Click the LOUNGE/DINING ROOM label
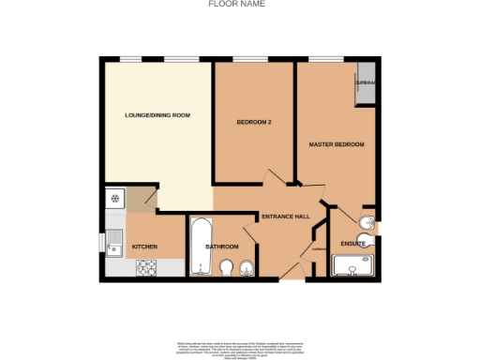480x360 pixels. (157, 115)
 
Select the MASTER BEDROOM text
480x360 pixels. (337, 144)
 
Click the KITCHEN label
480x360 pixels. (144, 247)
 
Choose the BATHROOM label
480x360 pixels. (222, 247)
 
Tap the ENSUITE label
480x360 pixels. (353, 244)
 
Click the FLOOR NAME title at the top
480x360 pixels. (235, 5)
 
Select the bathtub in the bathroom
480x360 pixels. (201, 248)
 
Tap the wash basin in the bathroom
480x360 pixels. (247, 270)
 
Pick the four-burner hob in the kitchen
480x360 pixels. (146, 268)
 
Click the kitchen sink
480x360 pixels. (115, 247)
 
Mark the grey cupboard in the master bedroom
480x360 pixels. (364, 82)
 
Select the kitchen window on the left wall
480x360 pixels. (102, 240)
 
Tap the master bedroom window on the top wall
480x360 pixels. (327, 59)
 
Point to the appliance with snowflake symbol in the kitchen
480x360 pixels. (115, 198)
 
